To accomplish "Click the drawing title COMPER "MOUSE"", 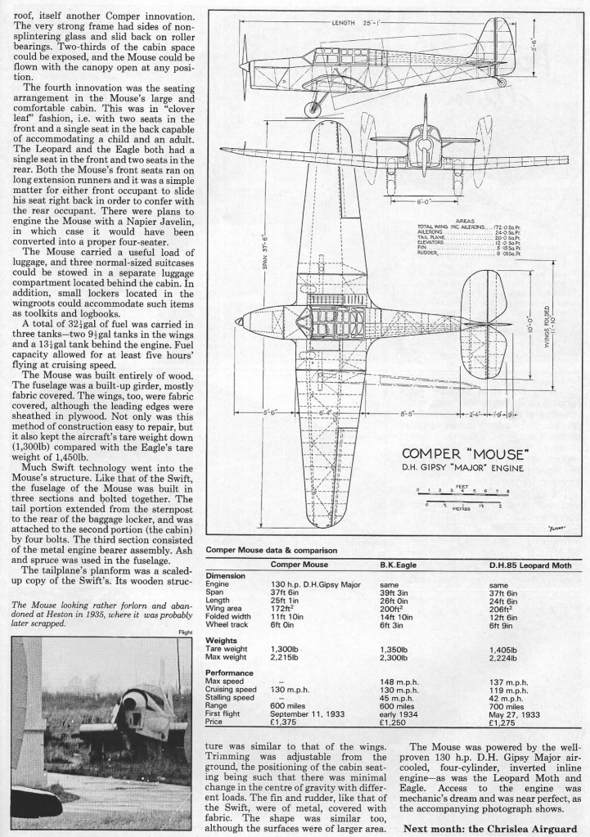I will pyautogui.click(x=463, y=453).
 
